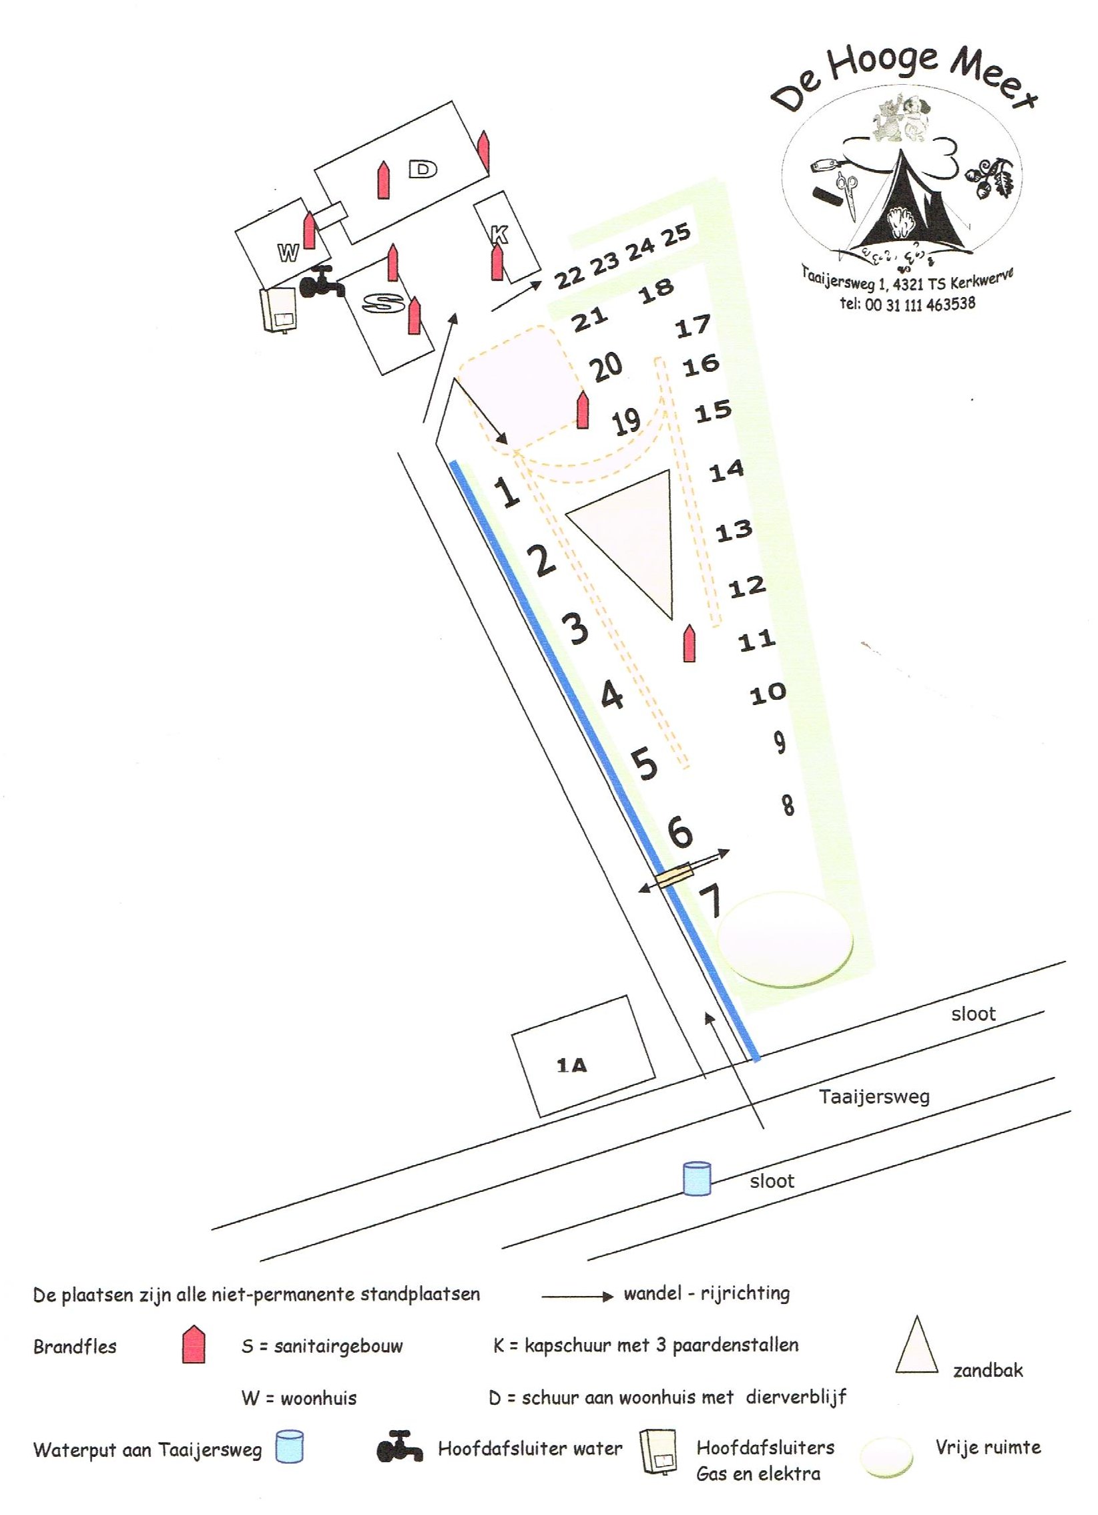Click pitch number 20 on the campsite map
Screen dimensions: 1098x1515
click(607, 367)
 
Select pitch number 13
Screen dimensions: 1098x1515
click(734, 531)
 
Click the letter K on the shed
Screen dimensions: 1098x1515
click(499, 234)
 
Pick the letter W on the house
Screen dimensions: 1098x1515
click(288, 252)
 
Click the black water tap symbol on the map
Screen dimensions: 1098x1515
click(320, 282)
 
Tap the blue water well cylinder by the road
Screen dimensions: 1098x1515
click(696, 1178)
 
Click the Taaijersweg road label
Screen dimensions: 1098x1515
click(874, 1096)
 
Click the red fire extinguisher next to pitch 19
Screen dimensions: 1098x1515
click(583, 410)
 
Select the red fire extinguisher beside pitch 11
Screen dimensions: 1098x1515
click(690, 644)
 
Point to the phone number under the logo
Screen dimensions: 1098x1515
click(908, 304)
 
